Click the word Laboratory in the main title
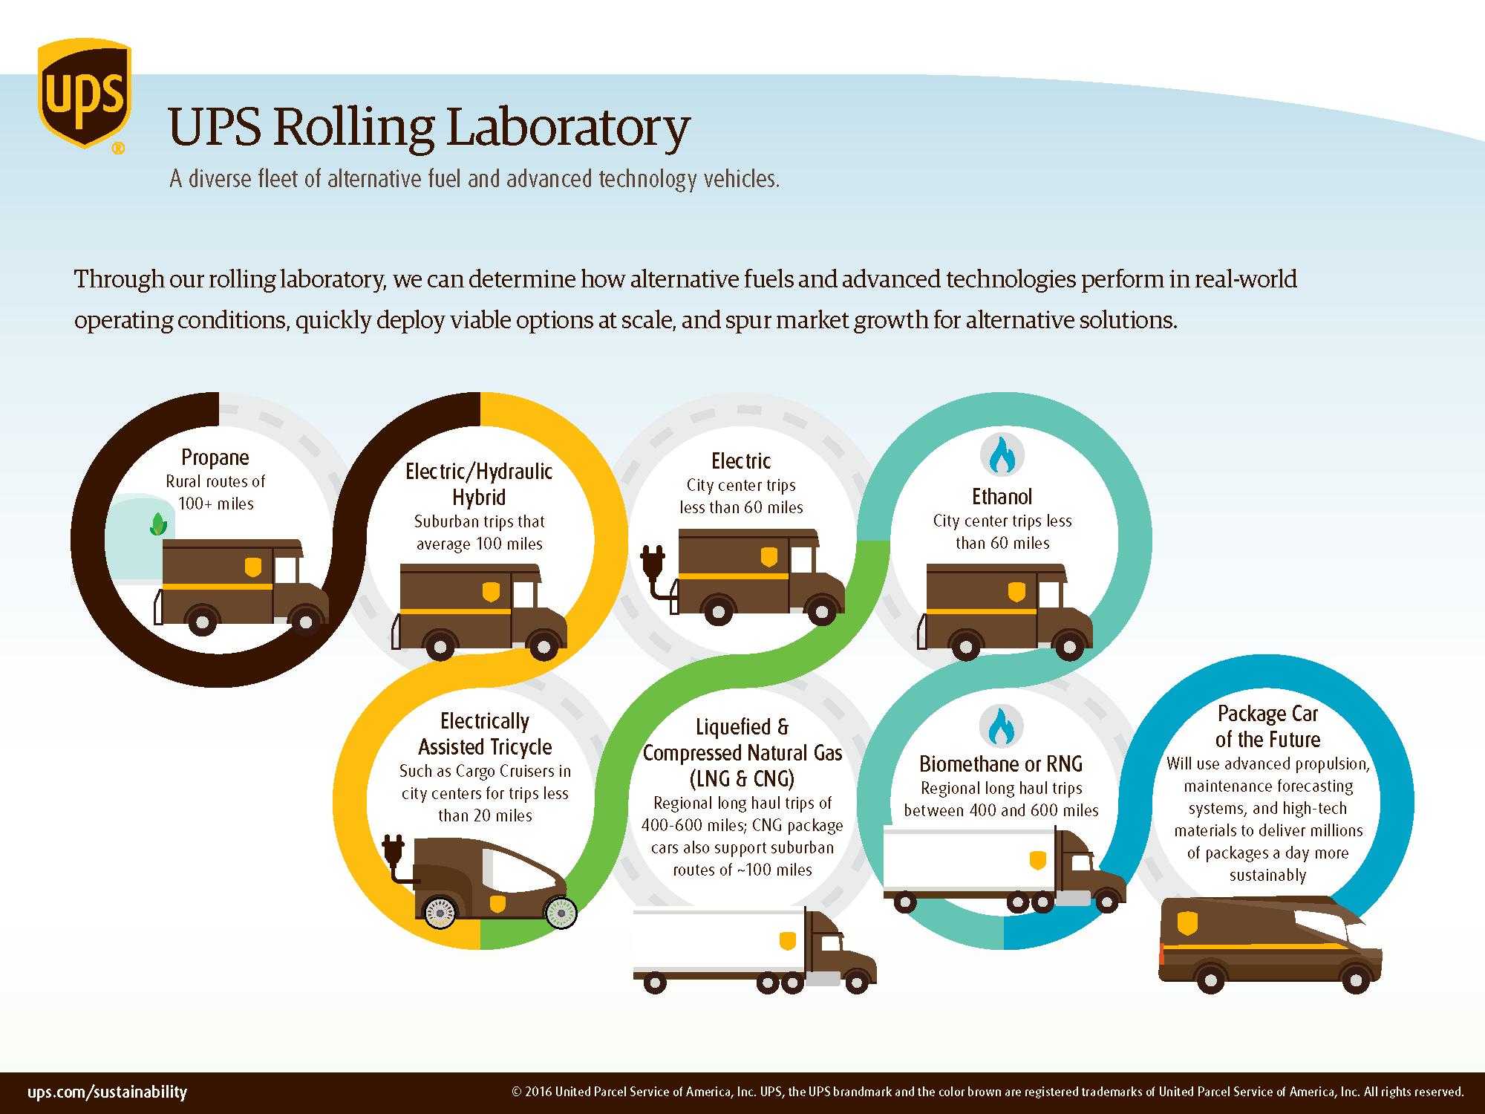click(x=568, y=127)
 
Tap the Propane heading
click(x=215, y=457)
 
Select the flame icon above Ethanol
click(x=1002, y=455)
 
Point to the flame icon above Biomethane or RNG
click(x=1001, y=726)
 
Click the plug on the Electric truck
click(x=653, y=564)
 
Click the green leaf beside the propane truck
click(x=158, y=524)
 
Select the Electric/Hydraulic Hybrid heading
click(x=479, y=484)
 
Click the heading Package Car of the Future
click(x=1267, y=726)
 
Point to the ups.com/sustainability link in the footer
click(x=107, y=1092)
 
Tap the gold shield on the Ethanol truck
click(x=1016, y=591)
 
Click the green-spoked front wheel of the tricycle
click(x=561, y=913)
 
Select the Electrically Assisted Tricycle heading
click(x=485, y=734)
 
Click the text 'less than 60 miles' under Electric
click(x=741, y=507)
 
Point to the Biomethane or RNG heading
click(x=1001, y=763)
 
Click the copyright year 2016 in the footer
click(x=538, y=1092)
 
